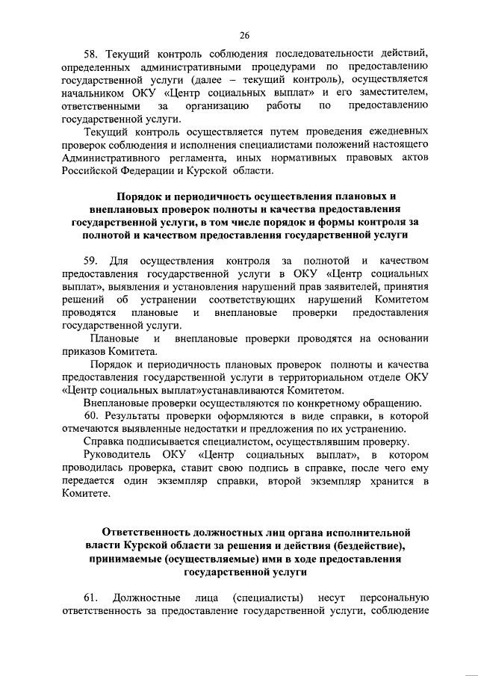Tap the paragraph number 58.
coord(91,53)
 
